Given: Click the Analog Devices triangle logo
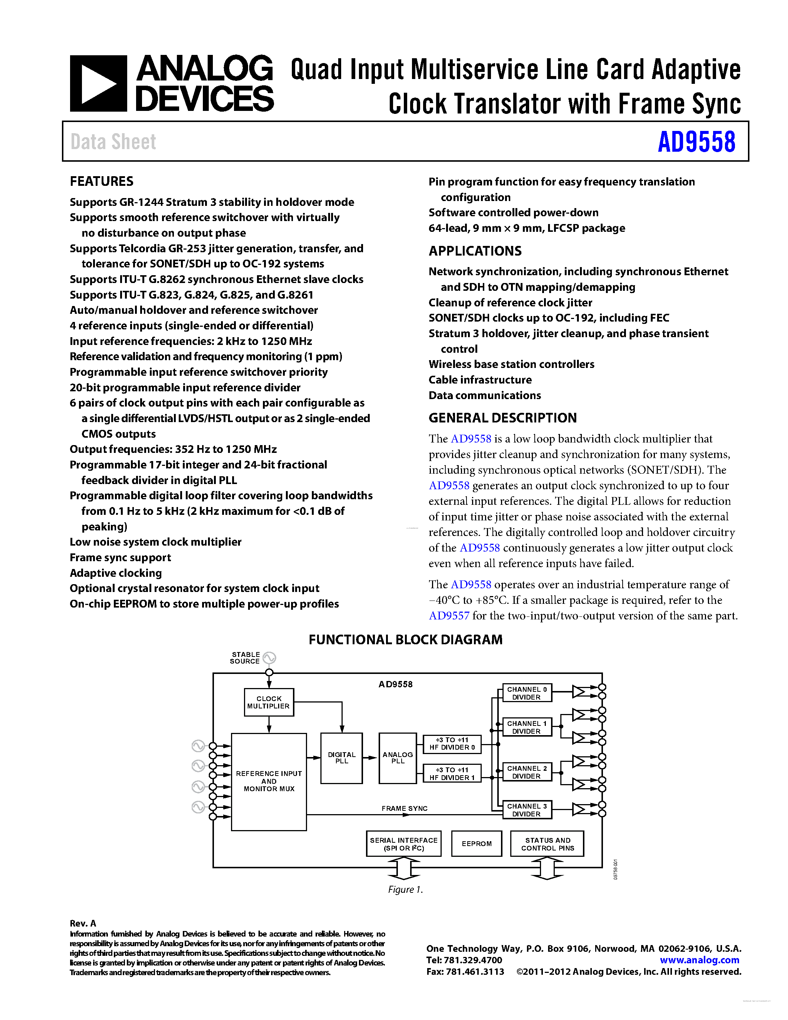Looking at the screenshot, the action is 99,83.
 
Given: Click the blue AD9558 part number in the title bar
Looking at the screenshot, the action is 696,142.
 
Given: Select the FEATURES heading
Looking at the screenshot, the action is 101,181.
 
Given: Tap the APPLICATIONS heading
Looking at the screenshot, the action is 475,251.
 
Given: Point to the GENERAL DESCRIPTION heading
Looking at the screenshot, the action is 502,418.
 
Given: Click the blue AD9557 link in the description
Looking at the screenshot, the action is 449,616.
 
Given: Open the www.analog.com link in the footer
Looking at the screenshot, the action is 699,960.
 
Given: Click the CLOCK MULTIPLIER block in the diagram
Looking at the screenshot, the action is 269,702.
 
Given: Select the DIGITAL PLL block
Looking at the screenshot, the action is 341,757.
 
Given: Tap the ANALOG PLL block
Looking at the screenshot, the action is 397,757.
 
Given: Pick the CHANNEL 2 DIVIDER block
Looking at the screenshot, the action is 527,772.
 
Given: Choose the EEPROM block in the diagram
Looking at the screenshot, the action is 476,843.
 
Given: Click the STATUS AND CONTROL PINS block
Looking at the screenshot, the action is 547,843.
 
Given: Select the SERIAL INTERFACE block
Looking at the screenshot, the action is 404,843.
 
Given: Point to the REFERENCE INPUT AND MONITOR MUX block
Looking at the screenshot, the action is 269,782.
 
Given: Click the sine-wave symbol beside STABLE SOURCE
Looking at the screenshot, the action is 269,658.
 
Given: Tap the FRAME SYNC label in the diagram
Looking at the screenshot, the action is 404,808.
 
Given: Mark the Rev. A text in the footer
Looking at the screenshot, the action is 83,923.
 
